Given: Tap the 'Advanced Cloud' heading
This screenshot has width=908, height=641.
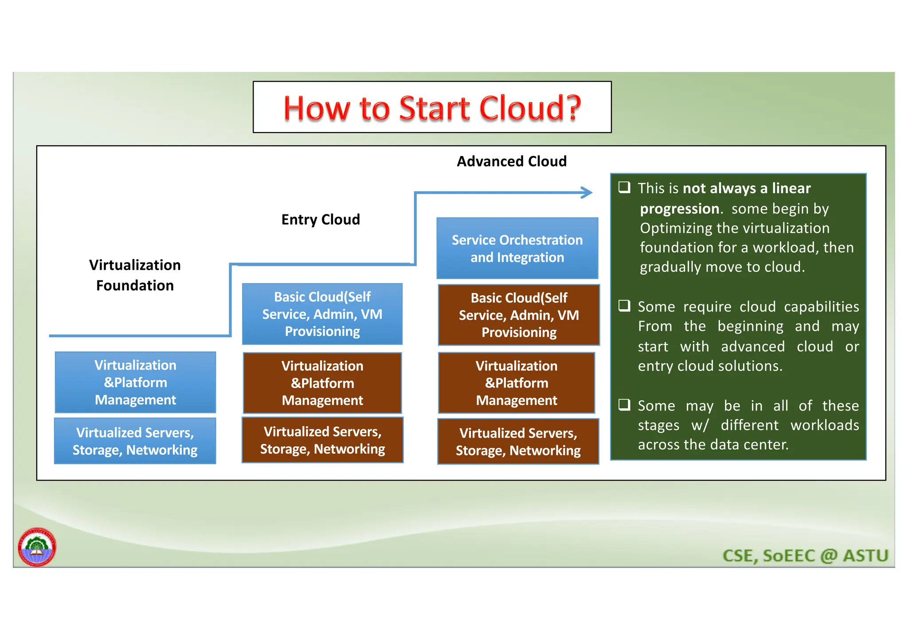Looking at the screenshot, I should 511,161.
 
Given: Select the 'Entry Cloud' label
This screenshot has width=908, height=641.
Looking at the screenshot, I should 321,219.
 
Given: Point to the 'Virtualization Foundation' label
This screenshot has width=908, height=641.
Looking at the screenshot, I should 135,275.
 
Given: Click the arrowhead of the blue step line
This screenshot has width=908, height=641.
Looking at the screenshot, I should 588,193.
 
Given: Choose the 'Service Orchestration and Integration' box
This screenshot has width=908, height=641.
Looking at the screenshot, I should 517,249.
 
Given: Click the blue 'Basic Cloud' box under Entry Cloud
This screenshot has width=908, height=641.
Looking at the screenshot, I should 322,314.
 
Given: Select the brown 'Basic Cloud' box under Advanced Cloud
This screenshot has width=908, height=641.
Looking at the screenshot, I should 519,315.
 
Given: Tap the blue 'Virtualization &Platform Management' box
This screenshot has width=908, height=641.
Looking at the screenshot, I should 135,382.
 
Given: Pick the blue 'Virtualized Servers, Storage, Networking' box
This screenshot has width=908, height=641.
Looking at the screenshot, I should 135,441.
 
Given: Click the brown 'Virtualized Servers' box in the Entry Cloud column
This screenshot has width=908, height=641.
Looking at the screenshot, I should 322,440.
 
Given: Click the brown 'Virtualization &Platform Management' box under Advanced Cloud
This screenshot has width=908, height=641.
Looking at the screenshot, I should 517,383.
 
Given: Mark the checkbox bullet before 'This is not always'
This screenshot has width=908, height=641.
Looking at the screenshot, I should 624,187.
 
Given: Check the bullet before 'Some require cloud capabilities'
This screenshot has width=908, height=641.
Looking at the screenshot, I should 624,306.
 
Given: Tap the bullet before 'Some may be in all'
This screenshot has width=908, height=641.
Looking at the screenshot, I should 624,405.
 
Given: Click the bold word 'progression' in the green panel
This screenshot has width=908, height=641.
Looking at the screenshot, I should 679,209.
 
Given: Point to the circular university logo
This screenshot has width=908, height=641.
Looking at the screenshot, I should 37,547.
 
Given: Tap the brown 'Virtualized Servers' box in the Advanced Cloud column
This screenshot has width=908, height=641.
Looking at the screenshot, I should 518,442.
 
